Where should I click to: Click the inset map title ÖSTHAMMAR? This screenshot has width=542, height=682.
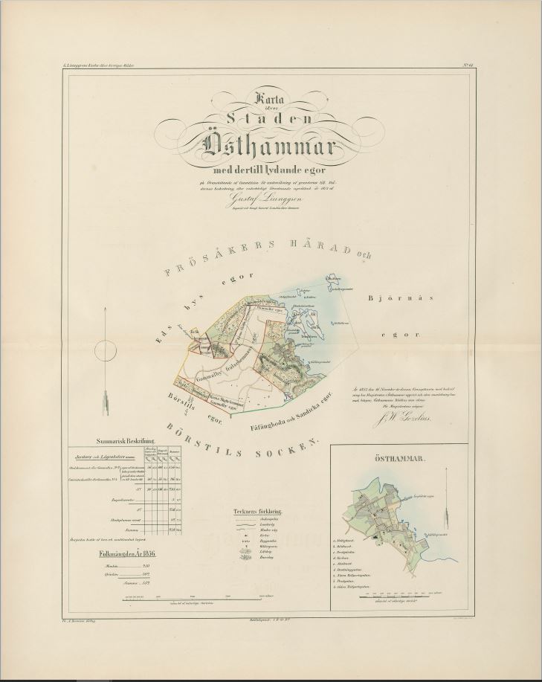[399, 460]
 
